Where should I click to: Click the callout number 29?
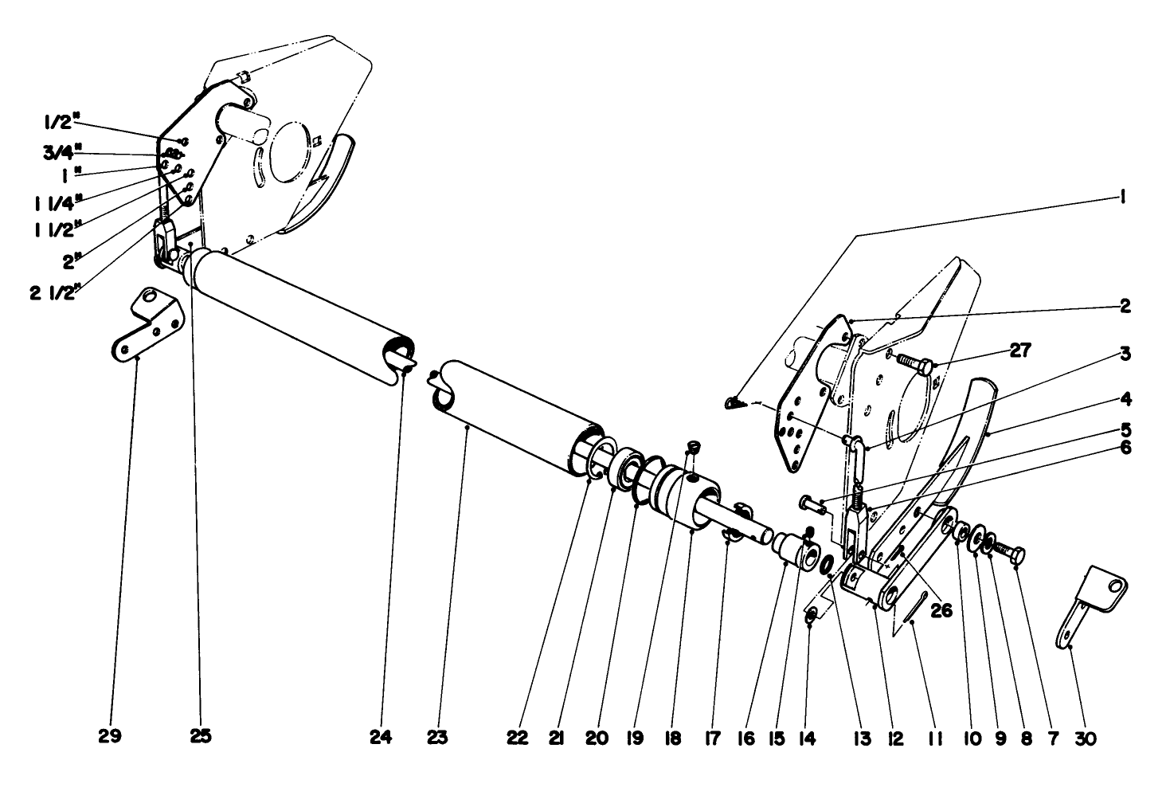[x=110, y=737]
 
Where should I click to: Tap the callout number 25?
[x=201, y=737]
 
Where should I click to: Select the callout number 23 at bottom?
[x=436, y=738]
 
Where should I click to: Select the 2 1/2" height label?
[x=54, y=292]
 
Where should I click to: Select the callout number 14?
[x=807, y=738]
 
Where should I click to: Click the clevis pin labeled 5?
[x=810, y=503]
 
